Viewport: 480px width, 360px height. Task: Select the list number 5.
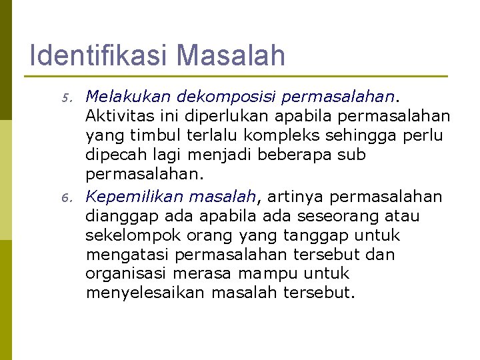pos(66,99)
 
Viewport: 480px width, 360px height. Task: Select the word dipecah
pos(113,155)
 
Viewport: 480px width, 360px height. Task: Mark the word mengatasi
pos(127,255)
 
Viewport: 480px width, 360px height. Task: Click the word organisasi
pos(125,274)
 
